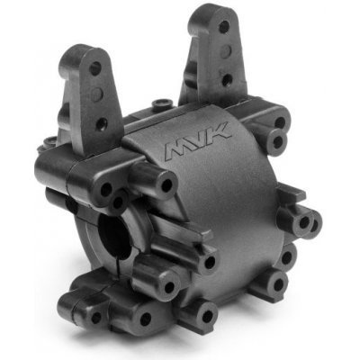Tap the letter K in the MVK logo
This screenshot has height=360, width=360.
click(220, 131)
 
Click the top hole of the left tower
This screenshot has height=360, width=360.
click(95, 68)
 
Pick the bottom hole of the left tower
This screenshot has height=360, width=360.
click(102, 122)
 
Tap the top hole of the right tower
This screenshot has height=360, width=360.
click(224, 27)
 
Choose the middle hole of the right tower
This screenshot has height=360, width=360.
click(227, 50)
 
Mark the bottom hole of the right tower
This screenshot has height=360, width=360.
click(227, 79)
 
